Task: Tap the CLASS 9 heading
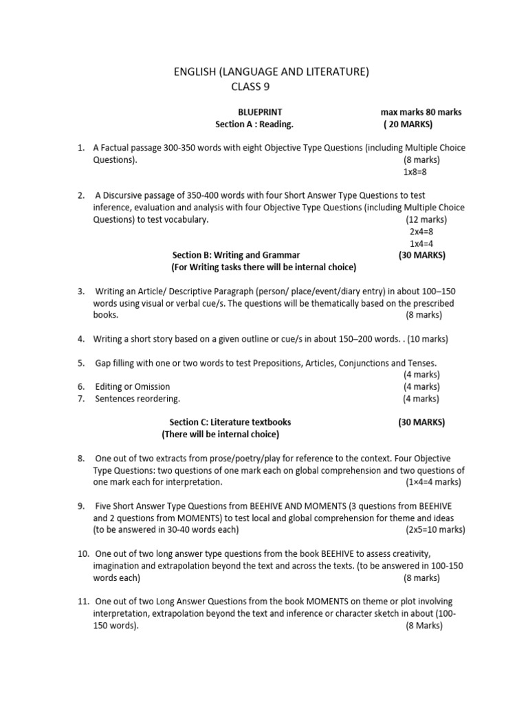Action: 254,87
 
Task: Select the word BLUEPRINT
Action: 260,112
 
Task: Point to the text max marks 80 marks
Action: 421,112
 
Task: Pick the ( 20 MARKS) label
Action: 408,124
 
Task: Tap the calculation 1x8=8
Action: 415,172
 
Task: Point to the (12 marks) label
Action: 426,219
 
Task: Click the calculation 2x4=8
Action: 421,232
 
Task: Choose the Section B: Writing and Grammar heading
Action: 236,255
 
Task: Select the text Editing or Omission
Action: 133,386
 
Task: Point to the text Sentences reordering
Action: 137,398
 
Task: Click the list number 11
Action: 83,602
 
